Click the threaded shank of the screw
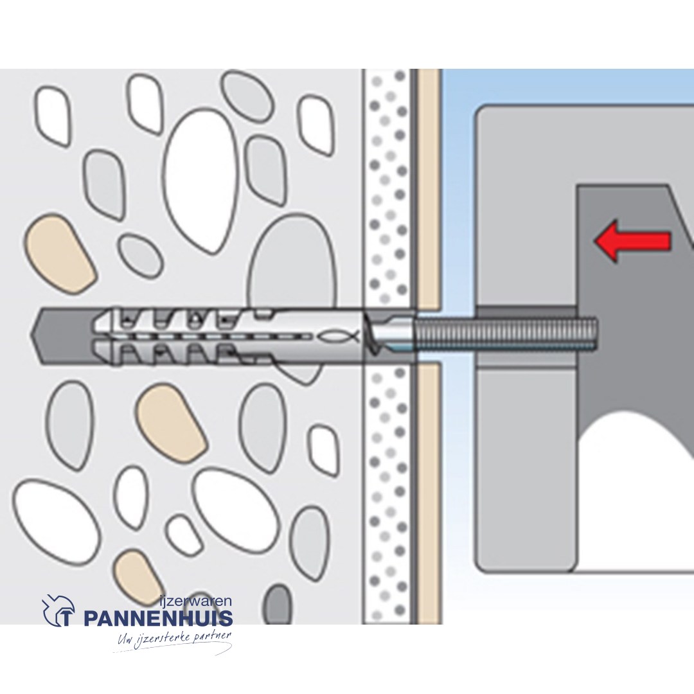[508, 335]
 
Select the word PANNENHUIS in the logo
[157, 619]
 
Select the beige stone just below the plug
[170, 421]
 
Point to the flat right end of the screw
[594, 335]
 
